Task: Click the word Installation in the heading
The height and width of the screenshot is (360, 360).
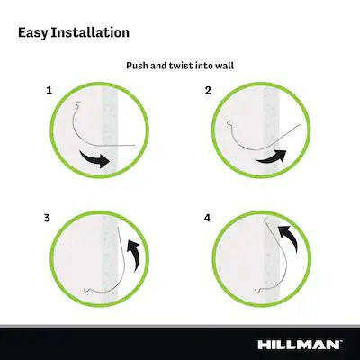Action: (90, 32)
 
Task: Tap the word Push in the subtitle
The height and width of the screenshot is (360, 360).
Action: (137, 66)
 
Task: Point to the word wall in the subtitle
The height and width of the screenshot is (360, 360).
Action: (226, 66)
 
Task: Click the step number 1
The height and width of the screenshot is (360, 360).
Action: (49, 90)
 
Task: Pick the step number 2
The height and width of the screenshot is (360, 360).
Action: (208, 90)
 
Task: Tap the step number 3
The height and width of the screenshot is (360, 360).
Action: (47, 218)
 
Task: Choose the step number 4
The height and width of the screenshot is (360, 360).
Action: (207, 218)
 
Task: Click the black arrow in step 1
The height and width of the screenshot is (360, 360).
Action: (95, 159)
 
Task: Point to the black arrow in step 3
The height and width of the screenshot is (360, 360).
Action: (135, 255)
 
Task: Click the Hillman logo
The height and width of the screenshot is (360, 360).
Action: (300, 345)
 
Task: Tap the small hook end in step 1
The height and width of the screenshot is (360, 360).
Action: (78, 103)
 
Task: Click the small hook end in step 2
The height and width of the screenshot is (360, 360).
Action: (229, 122)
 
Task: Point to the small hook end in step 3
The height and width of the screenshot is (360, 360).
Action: (86, 290)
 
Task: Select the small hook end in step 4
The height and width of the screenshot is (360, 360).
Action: (257, 290)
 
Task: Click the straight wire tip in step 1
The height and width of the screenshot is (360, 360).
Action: (135, 146)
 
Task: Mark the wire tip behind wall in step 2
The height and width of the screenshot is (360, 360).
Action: (300, 124)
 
